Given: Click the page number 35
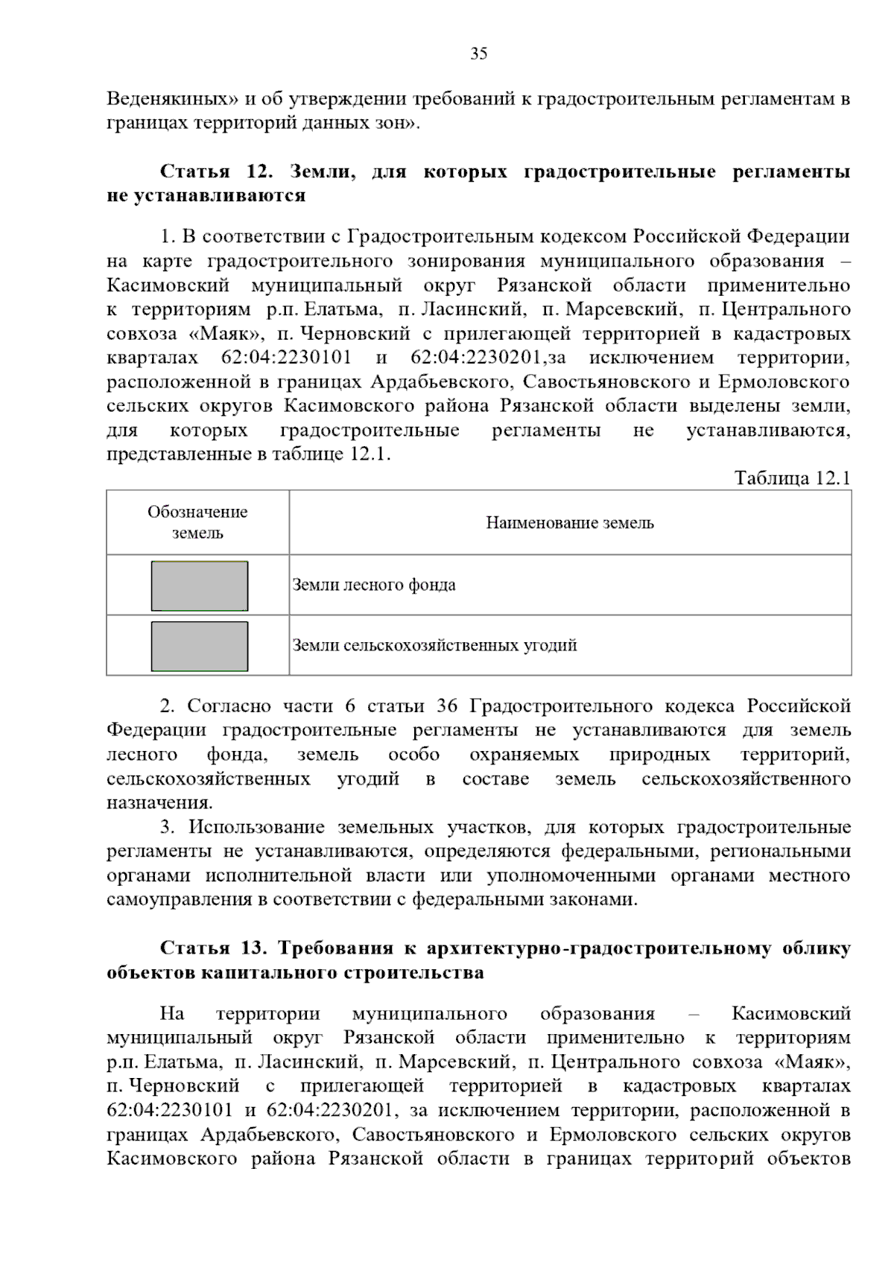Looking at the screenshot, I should (x=478, y=54).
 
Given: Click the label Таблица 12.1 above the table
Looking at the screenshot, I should (x=791, y=478).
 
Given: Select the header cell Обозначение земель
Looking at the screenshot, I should (x=197, y=522).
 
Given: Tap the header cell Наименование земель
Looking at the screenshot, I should (x=570, y=523).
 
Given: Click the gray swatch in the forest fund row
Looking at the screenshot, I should (x=200, y=586).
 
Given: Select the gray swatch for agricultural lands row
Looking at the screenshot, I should (x=200, y=646).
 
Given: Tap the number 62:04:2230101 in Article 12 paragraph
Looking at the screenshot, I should (x=286, y=358).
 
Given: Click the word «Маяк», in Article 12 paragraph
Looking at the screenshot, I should (x=226, y=334).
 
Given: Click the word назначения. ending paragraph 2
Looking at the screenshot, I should (x=159, y=803).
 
